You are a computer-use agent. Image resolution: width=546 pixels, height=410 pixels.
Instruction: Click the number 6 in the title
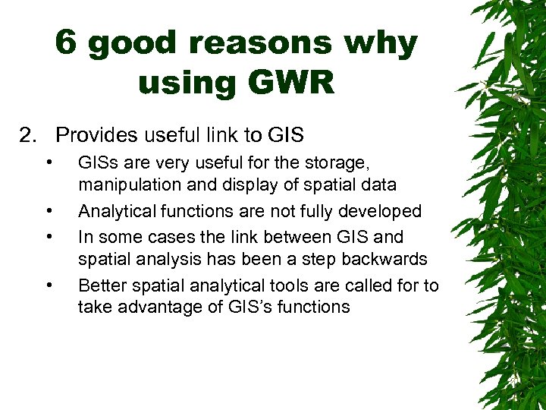[x=67, y=45]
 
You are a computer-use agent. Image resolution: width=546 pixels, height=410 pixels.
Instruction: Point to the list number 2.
[x=28, y=135]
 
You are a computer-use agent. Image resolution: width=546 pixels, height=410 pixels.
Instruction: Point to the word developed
[x=383, y=210]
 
